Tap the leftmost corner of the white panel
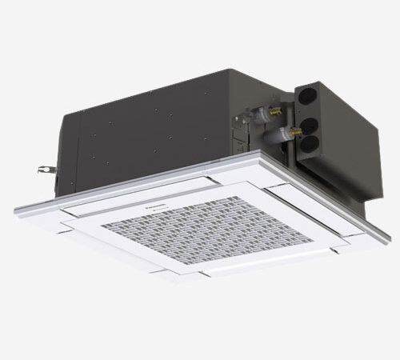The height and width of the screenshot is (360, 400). (x=16, y=210)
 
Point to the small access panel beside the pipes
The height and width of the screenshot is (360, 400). (x=240, y=128)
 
